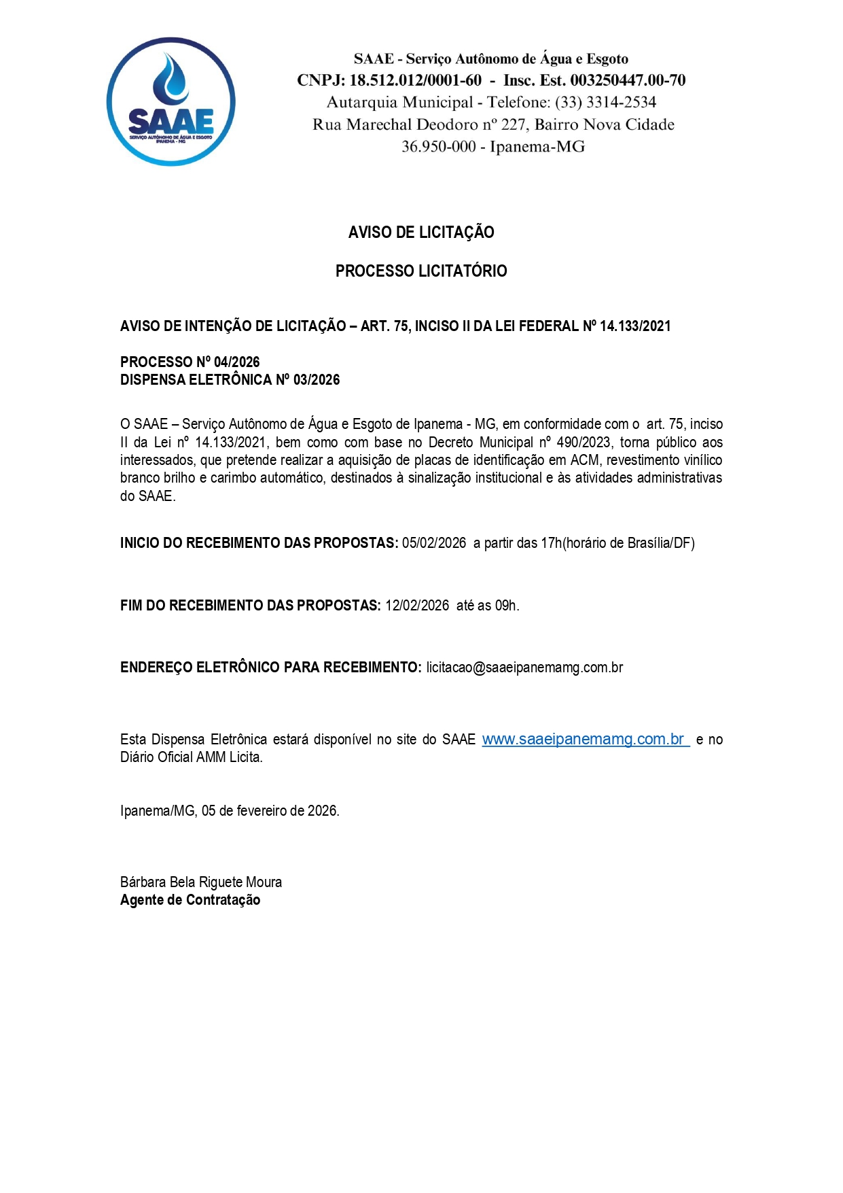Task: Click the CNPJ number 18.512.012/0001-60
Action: (x=415, y=80)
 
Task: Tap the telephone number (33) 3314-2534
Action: (x=606, y=103)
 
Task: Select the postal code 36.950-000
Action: (x=438, y=147)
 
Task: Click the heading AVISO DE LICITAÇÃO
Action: (x=421, y=232)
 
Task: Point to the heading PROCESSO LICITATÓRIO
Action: (x=421, y=271)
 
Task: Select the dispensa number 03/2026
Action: (x=317, y=380)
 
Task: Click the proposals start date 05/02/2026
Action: (x=434, y=543)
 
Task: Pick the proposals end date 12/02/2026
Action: (x=417, y=606)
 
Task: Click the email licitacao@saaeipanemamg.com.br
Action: (x=524, y=668)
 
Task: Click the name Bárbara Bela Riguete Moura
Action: (x=201, y=882)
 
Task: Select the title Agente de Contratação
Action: (x=190, y=900)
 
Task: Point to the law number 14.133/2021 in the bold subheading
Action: (x=635, y=326)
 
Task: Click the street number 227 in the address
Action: (x=514, y=125)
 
